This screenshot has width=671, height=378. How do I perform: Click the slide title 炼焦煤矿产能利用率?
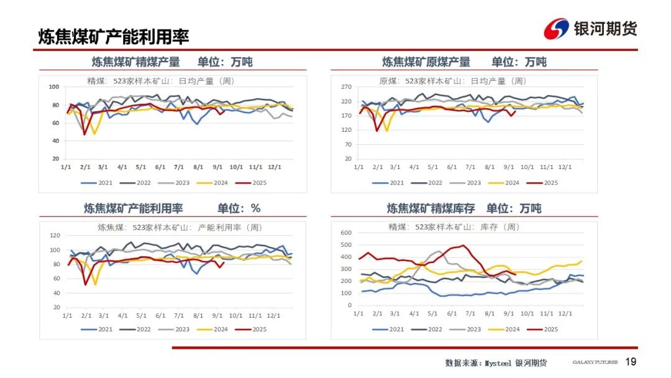pos(114,37)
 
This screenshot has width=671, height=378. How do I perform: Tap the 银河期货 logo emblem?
pos(556,29)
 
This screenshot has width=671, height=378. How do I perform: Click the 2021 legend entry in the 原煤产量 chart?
pos(390,183)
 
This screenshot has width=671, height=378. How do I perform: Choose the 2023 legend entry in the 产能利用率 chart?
pos(176,330)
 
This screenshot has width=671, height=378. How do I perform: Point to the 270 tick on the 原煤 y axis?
pos(347,87)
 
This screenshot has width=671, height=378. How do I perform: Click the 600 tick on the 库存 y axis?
pos(347,233)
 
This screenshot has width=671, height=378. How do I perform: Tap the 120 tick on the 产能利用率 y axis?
pos(54,236)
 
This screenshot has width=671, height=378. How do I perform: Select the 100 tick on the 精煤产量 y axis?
pos(54,87)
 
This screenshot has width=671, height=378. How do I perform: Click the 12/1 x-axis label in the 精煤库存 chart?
pos(565,314)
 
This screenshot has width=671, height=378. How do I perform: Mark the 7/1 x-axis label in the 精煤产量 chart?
pos(180,167)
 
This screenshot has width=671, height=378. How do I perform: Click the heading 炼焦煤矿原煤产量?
pos(426,62)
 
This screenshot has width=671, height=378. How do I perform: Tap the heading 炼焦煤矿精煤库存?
pos(431,208)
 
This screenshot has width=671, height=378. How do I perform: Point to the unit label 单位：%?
pos(239,208)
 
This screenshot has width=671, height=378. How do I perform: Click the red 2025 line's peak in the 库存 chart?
pos(462,246)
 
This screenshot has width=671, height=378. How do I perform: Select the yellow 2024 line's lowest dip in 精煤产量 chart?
pos(94,134)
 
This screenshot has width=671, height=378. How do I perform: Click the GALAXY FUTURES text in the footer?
pos(595,362)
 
